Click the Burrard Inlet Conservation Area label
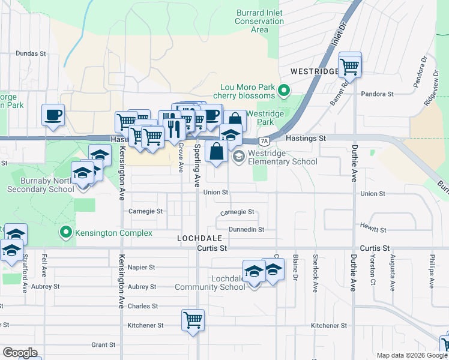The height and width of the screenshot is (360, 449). coord(259,20)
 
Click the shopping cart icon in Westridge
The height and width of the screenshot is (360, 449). coord(349,64)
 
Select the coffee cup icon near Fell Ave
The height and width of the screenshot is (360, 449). coord(53,114)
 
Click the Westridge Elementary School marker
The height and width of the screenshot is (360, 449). coord(239,157)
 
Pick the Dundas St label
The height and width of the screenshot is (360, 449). coord(31,53)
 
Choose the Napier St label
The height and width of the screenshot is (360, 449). coord(142,267)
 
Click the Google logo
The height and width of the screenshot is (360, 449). coord(20,353)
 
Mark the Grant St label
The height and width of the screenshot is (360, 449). coord(103,345)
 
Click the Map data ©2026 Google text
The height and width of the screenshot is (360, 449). coord(411,355)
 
